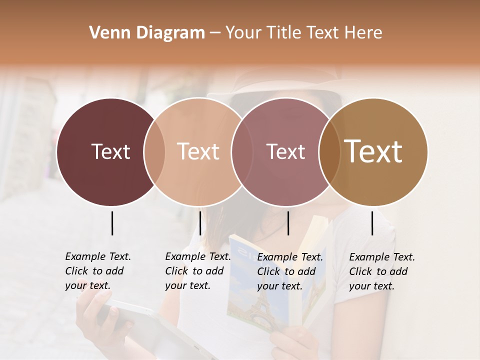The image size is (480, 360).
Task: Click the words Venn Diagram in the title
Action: tap(147, 33)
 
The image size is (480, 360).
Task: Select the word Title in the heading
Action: tap(283, 33)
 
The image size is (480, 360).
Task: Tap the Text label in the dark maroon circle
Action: tap(110, 151)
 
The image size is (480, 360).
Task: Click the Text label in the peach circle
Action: tap(198, 151)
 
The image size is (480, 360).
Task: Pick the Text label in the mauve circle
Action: tap(285, 151)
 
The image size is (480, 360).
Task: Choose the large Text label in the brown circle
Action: tap(373, 151)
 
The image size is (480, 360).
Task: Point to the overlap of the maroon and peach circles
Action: tap(154, 152)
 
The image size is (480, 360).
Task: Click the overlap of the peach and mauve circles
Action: tap(242, 152)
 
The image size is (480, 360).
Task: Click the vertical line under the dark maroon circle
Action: tap(112, 223)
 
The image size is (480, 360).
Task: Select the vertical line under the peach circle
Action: tap(200, 223)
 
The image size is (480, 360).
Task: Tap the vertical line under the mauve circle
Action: tap(288, 223)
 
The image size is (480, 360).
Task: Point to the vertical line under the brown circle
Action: tap(372, 223)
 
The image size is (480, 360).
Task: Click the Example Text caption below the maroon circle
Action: tap(98, 271)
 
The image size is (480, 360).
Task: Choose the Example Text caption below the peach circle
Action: tap(198, 271)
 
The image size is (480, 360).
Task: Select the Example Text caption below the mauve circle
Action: tap(290, 271)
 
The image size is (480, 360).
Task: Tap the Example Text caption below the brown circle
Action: tap(382, 271)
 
